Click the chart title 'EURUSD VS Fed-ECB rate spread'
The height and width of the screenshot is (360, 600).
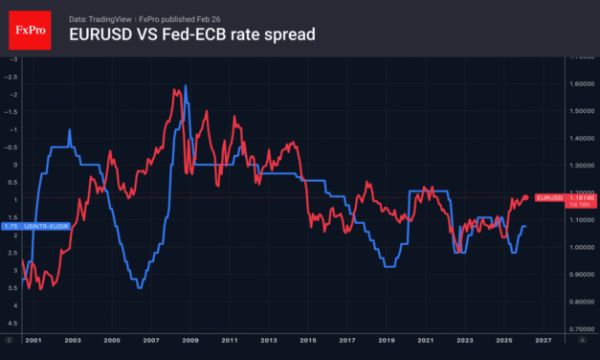(192, 35)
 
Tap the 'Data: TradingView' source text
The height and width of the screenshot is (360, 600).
(100, 18)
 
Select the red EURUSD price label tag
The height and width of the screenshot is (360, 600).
(549, 198)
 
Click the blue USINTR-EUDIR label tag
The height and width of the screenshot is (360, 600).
(26, 224)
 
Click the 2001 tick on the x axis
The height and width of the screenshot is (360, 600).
(33, 340)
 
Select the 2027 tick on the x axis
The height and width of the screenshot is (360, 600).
(542, 340)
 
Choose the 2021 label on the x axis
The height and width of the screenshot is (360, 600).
(426, 340)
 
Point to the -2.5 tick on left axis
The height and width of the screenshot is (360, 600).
(11, 77)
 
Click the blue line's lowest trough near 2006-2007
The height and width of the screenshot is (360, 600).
(140, 287)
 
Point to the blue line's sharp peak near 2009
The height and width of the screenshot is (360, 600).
(185, 86)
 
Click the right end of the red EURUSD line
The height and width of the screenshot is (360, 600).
(527, 197)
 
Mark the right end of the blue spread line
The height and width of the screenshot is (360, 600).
(525, 226)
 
